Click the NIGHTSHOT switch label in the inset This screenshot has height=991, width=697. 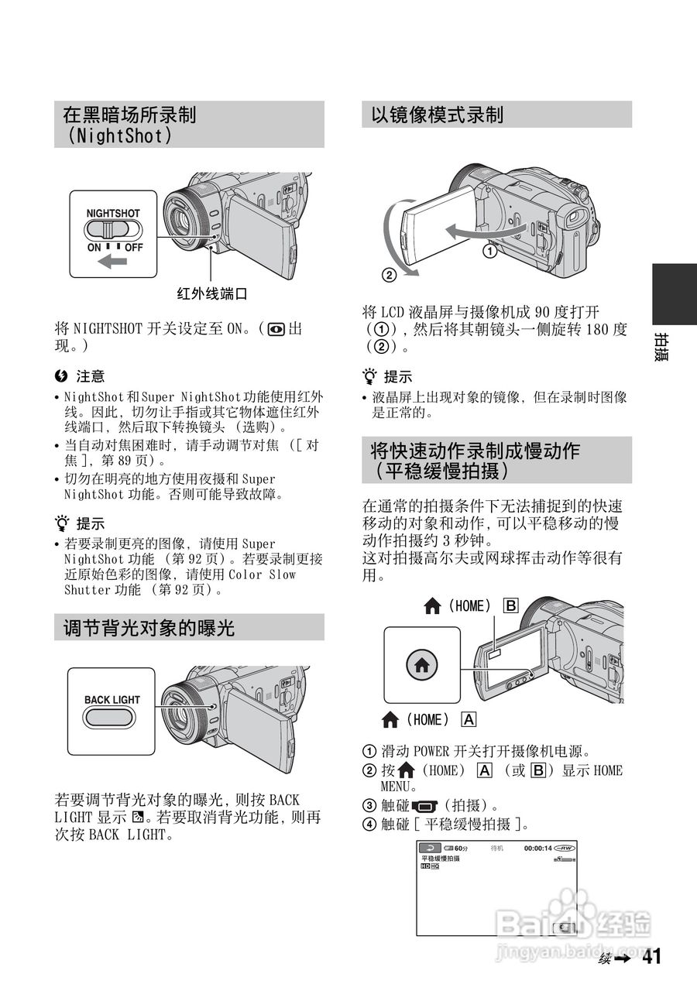(x=113, y=213)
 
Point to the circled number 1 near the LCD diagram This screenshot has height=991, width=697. (x=489, y=251)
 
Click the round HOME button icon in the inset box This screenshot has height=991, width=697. (x=422, y=664)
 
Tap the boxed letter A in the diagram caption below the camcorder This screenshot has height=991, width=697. (x=469, y=719)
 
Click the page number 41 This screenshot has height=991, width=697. (x=651, y=957)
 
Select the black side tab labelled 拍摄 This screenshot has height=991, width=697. (x=673, y=310)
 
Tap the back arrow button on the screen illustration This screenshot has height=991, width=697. (x=430, y=849)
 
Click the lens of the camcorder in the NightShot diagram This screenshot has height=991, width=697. (x=186, y=221)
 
